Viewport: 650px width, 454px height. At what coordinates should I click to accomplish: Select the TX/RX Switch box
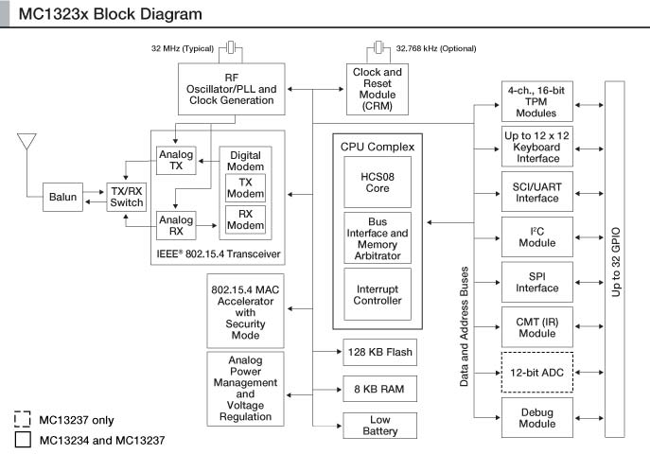pyautogui.click(x=127, y=196)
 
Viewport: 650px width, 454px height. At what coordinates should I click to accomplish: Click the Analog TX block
pyautogui.click(x=175, y=160)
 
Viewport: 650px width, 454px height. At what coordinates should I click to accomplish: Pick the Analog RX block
pyautogui.click(x=175, y=225)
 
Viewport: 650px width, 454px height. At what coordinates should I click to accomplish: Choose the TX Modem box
pyautogui.click(x=245, y=187)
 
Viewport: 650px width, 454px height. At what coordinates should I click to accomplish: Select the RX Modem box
pyautogui.click(x=245, y=219)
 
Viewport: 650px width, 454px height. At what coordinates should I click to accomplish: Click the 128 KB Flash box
pyautogui.click(x=379, y=353)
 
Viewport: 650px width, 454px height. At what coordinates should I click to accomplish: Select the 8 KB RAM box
pyautogui.click(x=379, y=388)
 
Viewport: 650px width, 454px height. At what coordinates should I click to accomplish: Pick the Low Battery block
pyautogui.click(x=379, y=425)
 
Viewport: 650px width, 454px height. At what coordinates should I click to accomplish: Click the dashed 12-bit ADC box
pyautogui.click(x=536, y=372)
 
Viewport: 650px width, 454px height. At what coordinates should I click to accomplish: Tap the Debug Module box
pyautogui.click(x=536, y=417)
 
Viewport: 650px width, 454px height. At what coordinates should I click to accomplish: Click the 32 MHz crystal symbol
pyautogui.click(x=231, y=48)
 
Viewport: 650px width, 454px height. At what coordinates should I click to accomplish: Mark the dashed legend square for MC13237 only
pyautogui.click(x=23, y=419)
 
